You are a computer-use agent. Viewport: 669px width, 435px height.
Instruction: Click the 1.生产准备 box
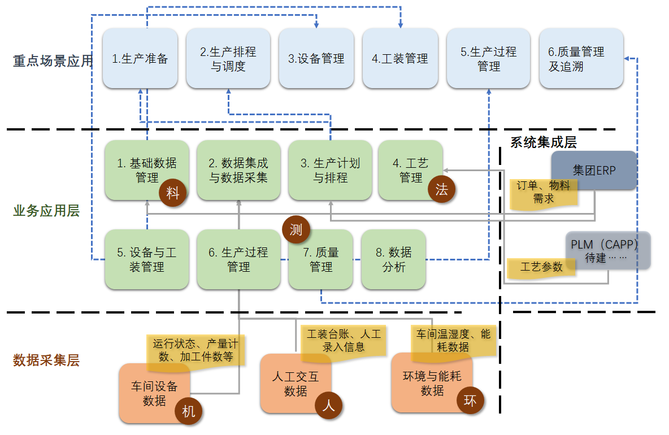point(140,58)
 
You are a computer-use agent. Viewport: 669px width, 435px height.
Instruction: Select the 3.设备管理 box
point(316,58)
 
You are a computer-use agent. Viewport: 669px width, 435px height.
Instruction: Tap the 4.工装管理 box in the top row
point(400,58)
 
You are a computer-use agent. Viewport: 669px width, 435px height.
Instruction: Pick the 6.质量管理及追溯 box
point(581,59)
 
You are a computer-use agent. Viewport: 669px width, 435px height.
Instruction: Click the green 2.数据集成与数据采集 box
point(238,170)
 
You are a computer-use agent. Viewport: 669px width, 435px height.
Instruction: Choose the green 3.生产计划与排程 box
point(330,170)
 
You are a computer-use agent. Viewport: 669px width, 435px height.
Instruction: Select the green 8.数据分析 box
point(393,259)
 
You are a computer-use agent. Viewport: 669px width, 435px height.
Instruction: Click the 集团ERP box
point(594,169)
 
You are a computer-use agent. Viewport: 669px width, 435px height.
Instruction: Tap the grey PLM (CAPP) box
point(608,250)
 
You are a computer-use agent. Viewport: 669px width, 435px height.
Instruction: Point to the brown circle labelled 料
point(172,193)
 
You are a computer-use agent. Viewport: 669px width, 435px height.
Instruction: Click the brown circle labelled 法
point(441,189)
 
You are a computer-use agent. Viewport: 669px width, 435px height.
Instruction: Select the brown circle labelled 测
point(296,229)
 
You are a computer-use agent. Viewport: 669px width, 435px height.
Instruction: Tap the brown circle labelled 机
point(189,411)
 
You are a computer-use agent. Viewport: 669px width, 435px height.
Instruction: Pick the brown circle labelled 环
point(470,401)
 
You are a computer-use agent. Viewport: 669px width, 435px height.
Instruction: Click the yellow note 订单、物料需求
point(543,193)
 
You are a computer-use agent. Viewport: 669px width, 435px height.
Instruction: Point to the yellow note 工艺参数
point(541,267)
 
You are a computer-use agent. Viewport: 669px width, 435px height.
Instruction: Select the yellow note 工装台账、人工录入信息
point(343,341)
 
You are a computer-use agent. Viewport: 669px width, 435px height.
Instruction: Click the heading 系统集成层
point(543,142)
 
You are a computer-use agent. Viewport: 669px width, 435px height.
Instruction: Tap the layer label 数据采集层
point(46,360)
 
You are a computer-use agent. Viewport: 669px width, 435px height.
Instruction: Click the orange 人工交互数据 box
point(295,383)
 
